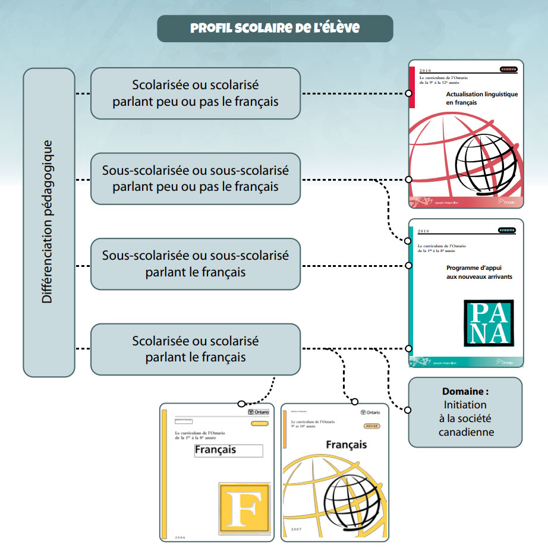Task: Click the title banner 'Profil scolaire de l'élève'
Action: tap(275, 29)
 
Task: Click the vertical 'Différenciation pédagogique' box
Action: tap(49, 222)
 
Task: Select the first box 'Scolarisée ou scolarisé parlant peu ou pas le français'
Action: tap(196, 93)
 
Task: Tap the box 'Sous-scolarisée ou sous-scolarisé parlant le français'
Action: tap(196, 264)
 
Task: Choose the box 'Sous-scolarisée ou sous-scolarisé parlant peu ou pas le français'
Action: tap(196, 179)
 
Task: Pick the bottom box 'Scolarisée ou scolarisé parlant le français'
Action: tap(196, 349)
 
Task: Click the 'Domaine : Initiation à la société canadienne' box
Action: tap(465, 412)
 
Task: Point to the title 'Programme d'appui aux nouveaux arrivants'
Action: tap(479, 272)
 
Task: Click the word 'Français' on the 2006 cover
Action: tap(215, 450)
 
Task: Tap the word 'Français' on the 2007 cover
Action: tap(346, 444)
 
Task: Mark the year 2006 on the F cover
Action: tap(180, 537)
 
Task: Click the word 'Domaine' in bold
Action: tap(465, 392)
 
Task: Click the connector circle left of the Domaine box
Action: tap(408, 410)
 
